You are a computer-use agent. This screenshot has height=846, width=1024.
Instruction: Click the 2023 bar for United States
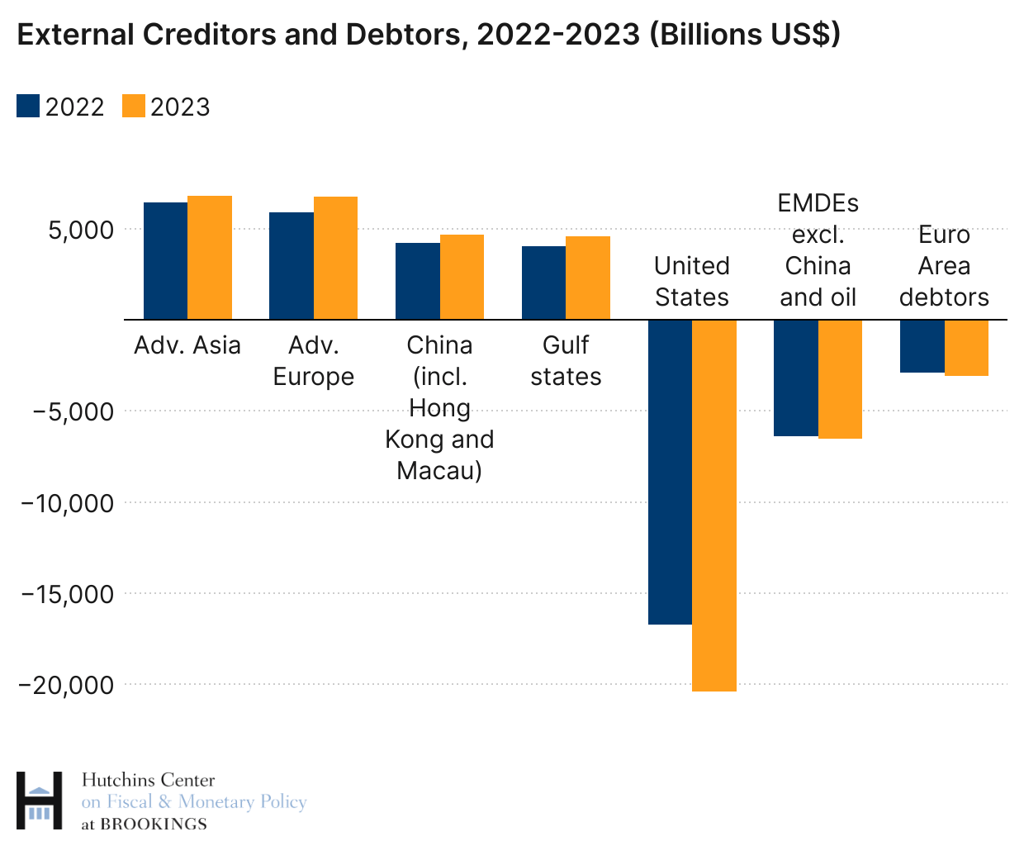pyautogui.click(x=714, y=505)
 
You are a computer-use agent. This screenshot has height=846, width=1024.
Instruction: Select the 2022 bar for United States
pyautogui.click(x=670, y=472)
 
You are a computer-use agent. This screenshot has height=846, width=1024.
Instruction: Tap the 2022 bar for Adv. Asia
pyautogui.click(x=165, y=260)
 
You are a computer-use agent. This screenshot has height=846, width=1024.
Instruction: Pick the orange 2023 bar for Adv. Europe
pyautogui.click(x=335, y=258)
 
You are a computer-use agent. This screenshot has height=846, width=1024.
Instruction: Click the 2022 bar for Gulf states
pyautogui.click(x=543, y=283)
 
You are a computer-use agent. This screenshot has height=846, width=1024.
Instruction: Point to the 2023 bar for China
pyautogui.click(x=462, y=277)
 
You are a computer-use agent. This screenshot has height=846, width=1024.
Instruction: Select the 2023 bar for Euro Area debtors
pyautogui.click(x=966, y=348)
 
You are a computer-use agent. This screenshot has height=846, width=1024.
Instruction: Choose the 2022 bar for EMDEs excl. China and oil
pyautogui.click(x=795, y=378)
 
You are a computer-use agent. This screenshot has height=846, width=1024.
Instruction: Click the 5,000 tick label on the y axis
pyautogui.click(x=80, y=230)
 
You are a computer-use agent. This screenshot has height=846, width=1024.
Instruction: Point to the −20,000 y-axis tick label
pyautogui.click(x=67, y=685)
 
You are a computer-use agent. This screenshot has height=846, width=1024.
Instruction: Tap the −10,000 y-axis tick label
pyautogui.click(x=67, y=502)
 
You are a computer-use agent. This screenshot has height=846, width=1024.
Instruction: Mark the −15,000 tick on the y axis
pyautogui.click(x=67, y=594)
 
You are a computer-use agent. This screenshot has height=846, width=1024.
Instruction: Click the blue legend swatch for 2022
pyautogui.click(x=28, y=107)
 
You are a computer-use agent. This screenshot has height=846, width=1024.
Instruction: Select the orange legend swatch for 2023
pyautogui.click(x=134, y=107)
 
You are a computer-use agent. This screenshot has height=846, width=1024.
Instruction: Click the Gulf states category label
pyautogui.click(x=566, y=361)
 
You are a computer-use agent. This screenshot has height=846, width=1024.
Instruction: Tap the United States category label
pyautogui.click(x=692, y=282)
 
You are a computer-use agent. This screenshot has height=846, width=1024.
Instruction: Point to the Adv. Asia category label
pyautogui.click(x=187, y=345)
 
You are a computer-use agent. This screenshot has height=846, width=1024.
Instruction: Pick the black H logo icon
pyautogui.click(x=39, y=801)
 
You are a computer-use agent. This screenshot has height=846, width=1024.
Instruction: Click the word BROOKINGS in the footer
pyautogui.click(x=165, y=825)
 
